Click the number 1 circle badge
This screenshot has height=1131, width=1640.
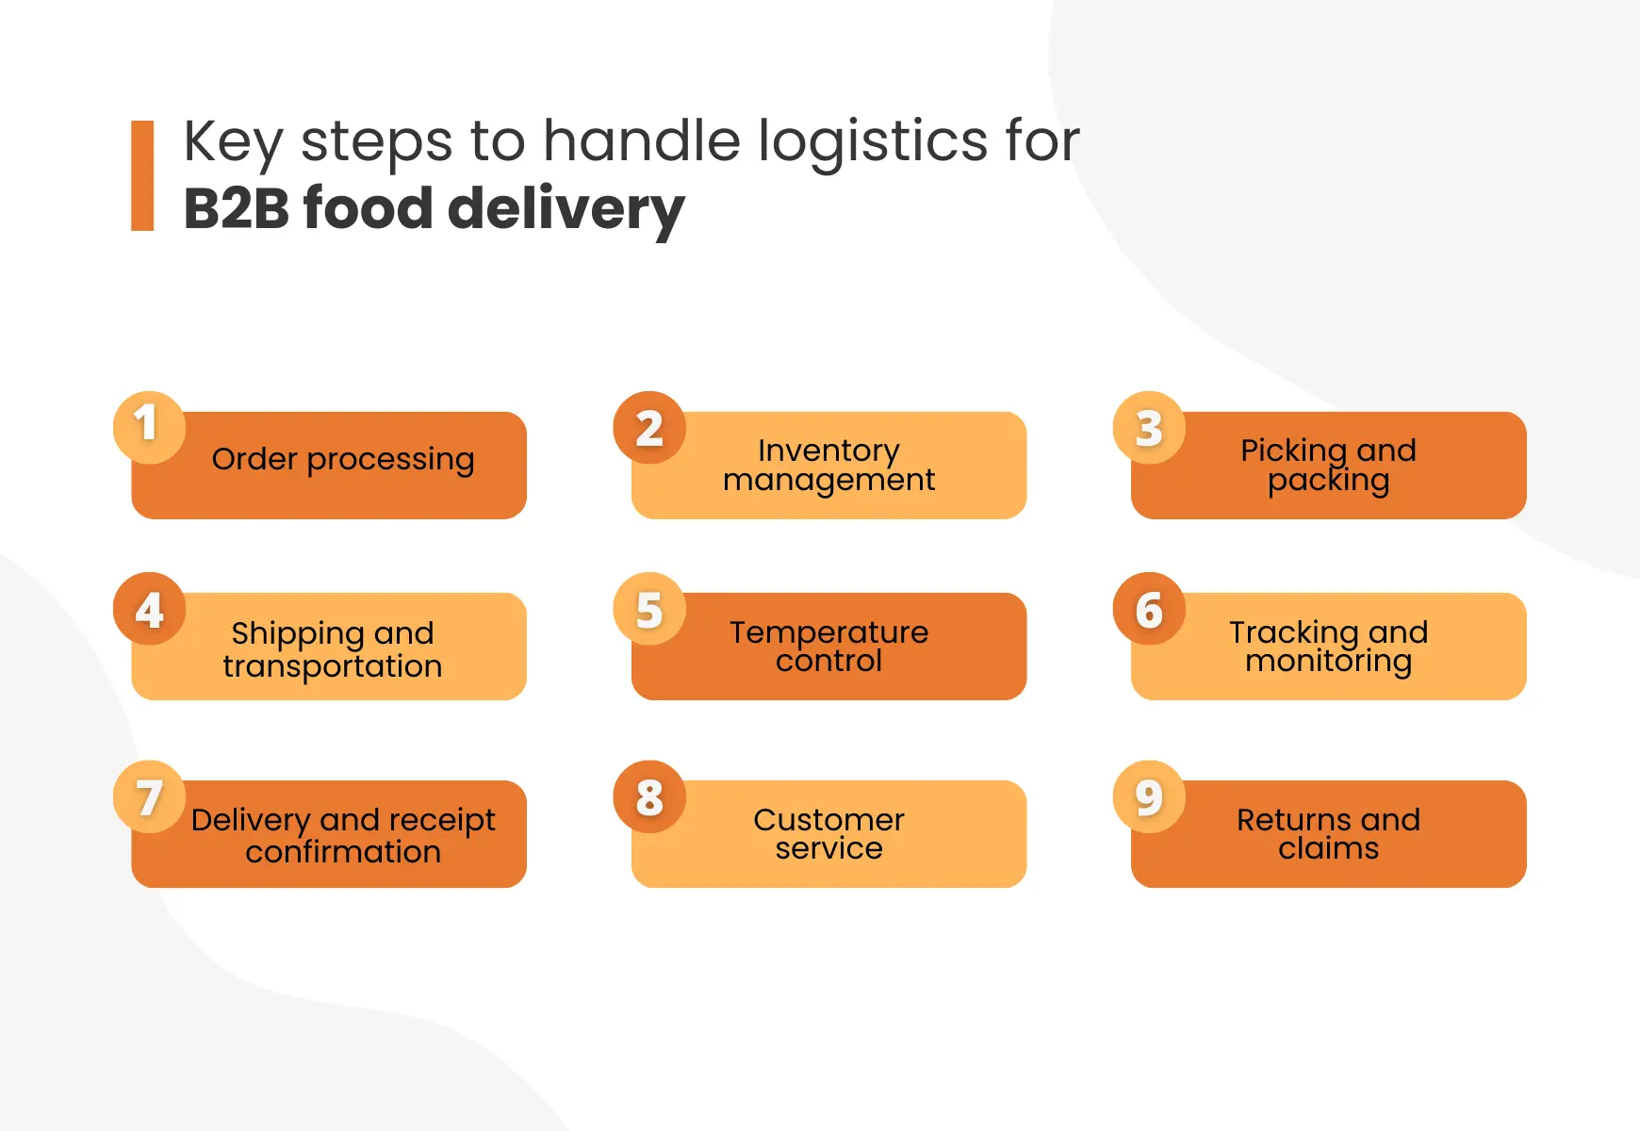coord(149,426)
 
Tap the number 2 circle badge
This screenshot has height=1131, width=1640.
coord(649,427)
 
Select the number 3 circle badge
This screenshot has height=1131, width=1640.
coord(1149,427)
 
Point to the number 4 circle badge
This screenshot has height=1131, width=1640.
coord(149,608)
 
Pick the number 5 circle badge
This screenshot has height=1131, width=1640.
coord(649,608)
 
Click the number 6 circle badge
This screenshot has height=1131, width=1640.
coord(1149,608)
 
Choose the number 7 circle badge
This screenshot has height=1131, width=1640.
coord(149,796)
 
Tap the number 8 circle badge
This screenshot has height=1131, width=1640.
coord(649,796)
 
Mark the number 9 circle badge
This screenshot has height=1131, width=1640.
coord(1149,796)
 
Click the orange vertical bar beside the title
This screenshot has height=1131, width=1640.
coord(142,175)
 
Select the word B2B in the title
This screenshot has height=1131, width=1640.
coord(236,208)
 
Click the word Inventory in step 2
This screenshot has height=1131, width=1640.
coord(828,451)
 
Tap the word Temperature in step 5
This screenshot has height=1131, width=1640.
coord(828,631)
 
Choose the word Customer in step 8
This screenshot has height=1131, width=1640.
coord(828,820)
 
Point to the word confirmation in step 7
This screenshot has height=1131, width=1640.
coord(343,852)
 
